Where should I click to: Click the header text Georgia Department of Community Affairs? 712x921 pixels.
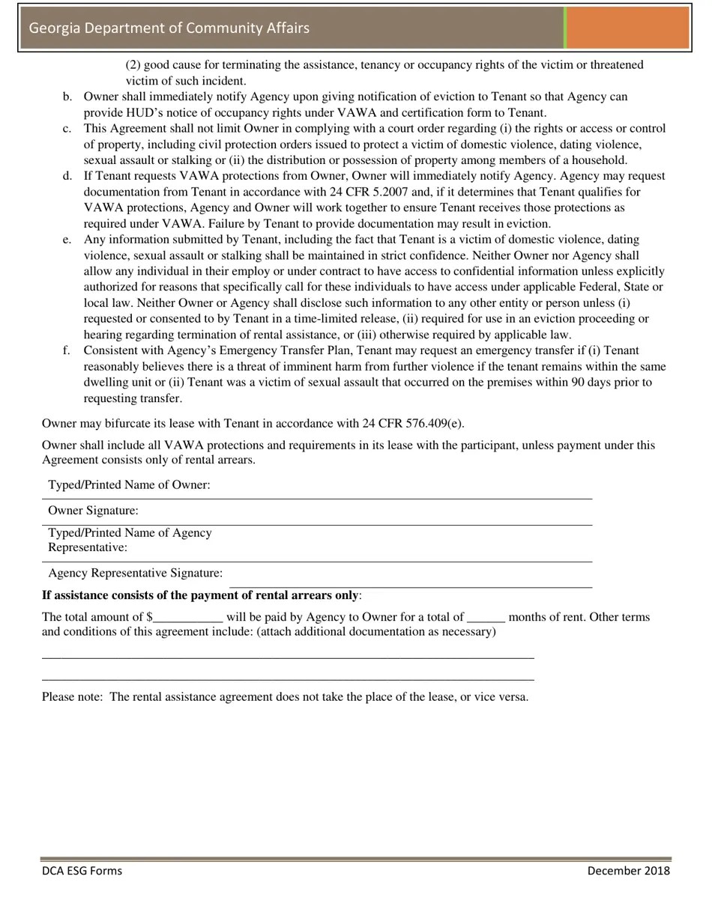169,28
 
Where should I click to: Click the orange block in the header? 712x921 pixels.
627,28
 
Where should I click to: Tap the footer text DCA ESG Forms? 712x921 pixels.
82,870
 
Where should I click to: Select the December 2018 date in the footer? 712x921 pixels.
628,870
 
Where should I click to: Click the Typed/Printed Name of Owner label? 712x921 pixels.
129,484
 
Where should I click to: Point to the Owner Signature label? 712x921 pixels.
93,511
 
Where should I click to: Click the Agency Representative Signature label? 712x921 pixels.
135,573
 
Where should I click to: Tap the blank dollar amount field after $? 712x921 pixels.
188,618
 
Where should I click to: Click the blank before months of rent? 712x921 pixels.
486,618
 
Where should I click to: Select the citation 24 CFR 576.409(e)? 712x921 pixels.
413,423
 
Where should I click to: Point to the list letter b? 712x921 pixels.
67,97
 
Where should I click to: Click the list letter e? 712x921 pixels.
67,240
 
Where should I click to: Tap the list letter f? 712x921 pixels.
67,350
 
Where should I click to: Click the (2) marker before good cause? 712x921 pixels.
133,65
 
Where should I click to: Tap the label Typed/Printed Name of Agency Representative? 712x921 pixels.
130,540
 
